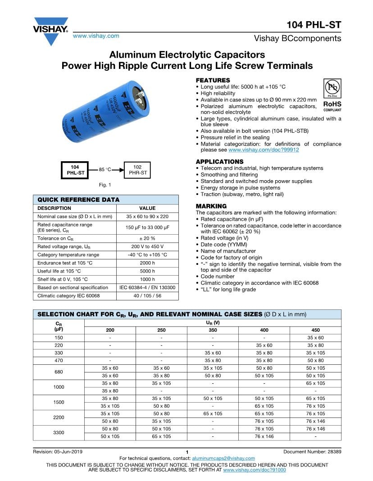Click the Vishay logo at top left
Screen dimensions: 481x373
pos(50,31)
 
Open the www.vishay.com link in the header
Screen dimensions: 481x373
pos(96,36)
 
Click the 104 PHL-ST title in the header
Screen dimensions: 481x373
pos(314,25)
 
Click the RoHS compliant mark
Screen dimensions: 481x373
pos(332,106)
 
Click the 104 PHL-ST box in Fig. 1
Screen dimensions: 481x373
pos(73,170)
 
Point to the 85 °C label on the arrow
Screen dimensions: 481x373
pos(105,170)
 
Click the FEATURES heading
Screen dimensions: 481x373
pos(213,80)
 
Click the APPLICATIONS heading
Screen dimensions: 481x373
pos(219,162)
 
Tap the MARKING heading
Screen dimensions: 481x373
pos(211,206)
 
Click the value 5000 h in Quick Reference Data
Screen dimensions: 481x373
pos(147,271)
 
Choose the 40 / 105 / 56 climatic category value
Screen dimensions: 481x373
pos(147,295)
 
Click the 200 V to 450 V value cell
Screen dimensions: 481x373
pos(147,246)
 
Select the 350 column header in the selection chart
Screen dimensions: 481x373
pos(213,330)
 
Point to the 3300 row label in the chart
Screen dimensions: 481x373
pos(59,432)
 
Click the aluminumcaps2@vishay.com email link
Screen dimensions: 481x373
pos(220,458)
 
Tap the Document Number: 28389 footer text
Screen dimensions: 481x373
pos(312,452)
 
